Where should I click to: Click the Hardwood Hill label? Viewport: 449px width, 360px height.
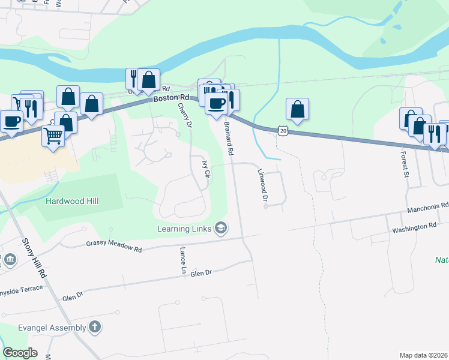pyautogui.click(x=72, y=202)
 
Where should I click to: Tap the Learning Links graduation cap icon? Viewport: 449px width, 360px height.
pyautogui.click(x=221, y=228)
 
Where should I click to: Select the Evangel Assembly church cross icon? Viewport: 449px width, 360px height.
pyautogui.click(x=94, y=327)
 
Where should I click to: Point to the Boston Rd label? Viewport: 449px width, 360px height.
pyautogui.click(x=171, y=98)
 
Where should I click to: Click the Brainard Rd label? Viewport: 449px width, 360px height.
pyautogui.click(x=229, y=139)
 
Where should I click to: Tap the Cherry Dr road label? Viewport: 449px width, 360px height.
pyautogui.click(x=184, y=115)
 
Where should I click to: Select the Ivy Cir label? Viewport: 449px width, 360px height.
pyautogui.click(x=206, y=170)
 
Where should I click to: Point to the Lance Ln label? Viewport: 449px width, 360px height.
pyautogui.click(x=182, y=260)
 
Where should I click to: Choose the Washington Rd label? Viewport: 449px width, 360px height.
pyautogui.click(x=414, y=227)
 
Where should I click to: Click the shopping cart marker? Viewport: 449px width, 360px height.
pyautogui.click(x=53, y=136)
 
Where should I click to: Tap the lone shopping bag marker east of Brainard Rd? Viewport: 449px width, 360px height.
pyautogui.click(x=297, y=109)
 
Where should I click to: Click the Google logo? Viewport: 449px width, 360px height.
pyautogui.click(x=20, y=353)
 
